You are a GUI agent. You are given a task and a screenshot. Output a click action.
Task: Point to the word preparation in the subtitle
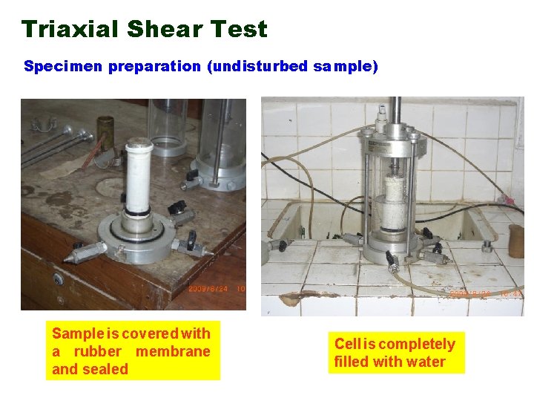[x=155, y=67]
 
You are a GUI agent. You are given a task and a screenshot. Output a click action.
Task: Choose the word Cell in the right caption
[x=347, y=344]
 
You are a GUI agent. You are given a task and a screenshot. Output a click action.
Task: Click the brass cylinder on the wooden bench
[x=105, y=130]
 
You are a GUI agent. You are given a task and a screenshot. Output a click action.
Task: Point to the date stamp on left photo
[x=215, y=289]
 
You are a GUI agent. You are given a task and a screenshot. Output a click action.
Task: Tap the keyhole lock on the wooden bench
[x=58, y=278]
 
